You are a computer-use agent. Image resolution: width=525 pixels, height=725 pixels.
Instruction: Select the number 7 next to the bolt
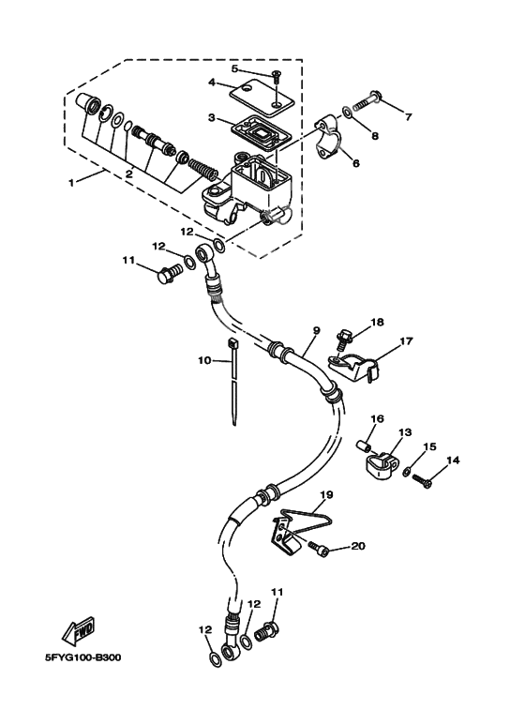click(408, 117)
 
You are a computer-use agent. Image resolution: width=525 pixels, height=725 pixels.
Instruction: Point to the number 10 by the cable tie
click(202, 359)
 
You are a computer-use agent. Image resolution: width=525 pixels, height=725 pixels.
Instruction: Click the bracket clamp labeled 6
click(331, 137)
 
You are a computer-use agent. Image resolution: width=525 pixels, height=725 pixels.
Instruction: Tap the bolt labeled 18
click(345, 336)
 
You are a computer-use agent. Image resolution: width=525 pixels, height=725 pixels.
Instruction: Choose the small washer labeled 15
click(407, 472)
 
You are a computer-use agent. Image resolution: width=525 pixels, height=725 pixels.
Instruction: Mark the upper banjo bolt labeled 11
click(169, 274)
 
